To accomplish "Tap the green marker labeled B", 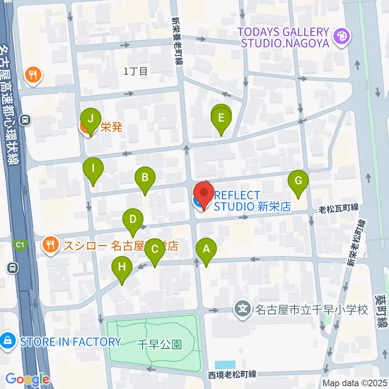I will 145,177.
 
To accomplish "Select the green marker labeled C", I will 155,249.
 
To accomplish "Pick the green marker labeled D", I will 133,220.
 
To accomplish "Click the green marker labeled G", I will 298,181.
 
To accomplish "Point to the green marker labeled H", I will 122,267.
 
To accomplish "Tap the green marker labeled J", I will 90,119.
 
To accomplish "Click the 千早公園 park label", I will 160,345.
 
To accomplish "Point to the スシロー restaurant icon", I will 50,245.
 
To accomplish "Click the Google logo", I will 27,379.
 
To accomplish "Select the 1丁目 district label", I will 135,72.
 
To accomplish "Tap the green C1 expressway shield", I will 20,245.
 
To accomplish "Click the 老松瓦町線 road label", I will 339,208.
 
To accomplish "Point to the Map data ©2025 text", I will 355,383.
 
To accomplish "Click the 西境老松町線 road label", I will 233,374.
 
